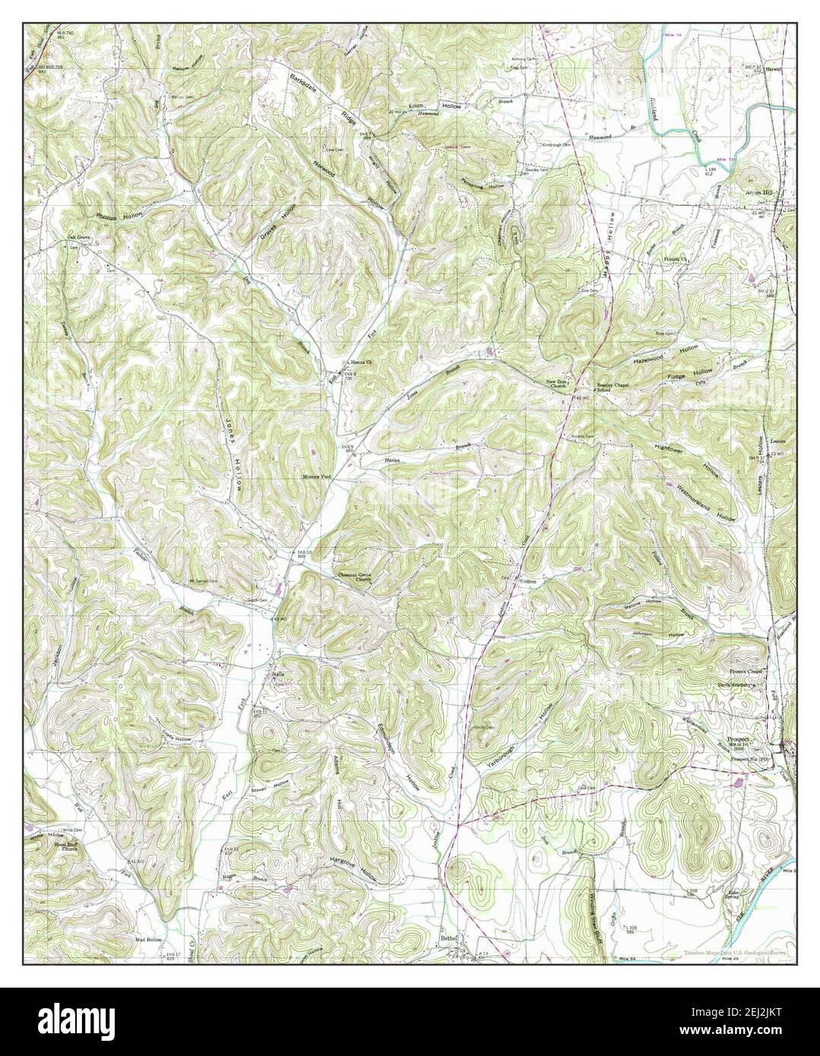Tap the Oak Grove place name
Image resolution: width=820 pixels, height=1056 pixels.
[78, 237]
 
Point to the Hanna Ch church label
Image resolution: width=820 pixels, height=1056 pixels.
[359, 362]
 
